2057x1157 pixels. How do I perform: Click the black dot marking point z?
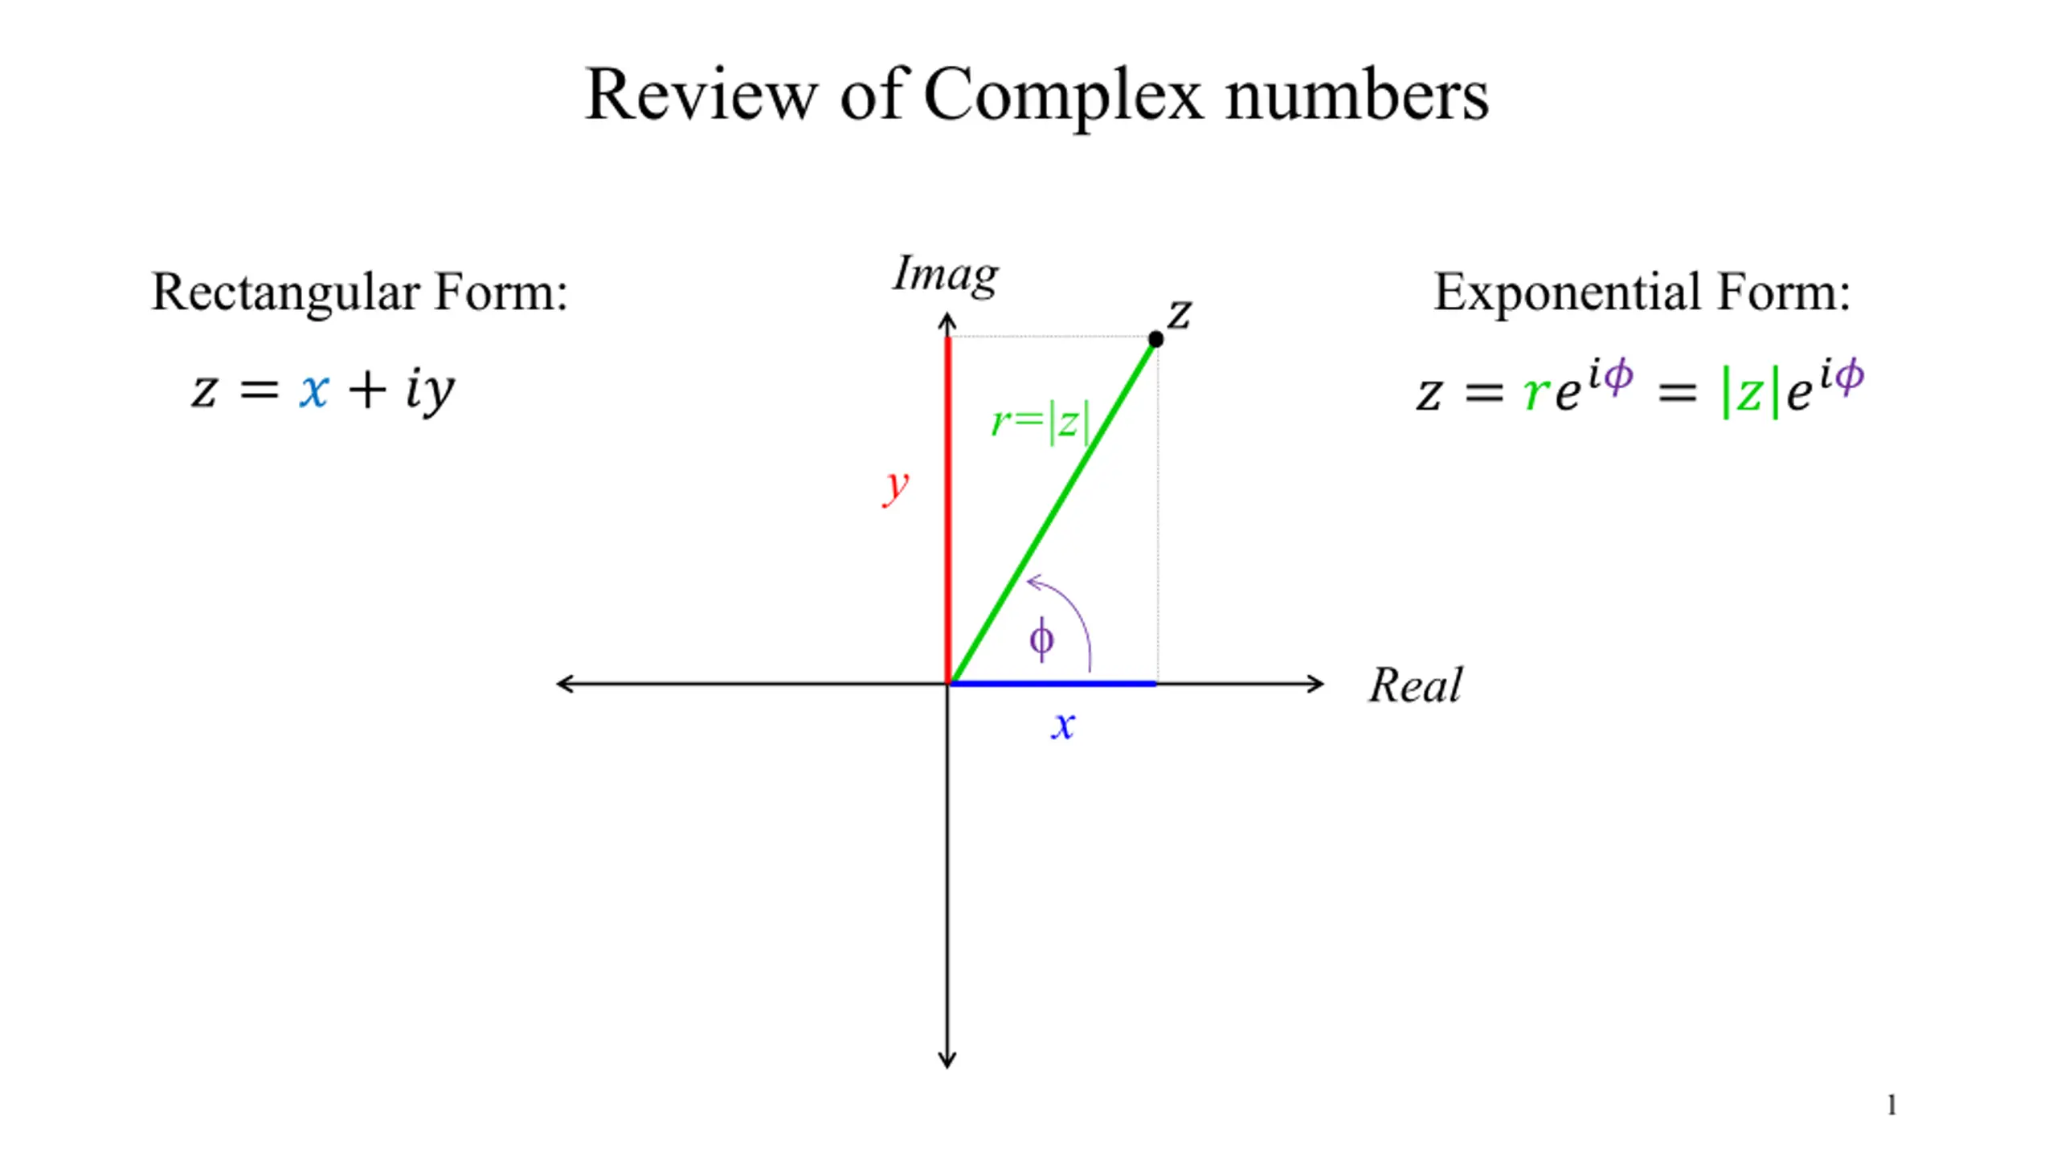click(x=1155, y=339)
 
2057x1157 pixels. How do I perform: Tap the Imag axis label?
click(x=946, y=275)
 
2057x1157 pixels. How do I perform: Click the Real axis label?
click(x=1415, y=685)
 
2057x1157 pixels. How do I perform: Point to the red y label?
click(x=895, y=486)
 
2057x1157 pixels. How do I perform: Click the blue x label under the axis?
click(x=1062, y=725)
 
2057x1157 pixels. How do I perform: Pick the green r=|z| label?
click(x=1041, y=421)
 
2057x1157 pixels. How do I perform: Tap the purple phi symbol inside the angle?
click(x=1041, y=640)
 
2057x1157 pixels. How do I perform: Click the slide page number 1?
click(x=1891, y=1106)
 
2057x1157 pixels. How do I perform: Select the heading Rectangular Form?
click(x=359, y=292)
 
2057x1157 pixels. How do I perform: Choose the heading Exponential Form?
click(x=1642, y=292)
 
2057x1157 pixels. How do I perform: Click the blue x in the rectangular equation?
click(x=313, y=391)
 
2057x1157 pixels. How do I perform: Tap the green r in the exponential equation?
click(x=1536, y=393)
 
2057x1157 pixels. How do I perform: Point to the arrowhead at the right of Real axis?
click(x=1318, y=684)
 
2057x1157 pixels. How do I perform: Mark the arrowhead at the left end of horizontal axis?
click(x=563, y=684)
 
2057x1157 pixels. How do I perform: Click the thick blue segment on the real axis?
click(x=1053, y=684)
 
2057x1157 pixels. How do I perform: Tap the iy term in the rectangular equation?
click(x=430, y=391)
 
